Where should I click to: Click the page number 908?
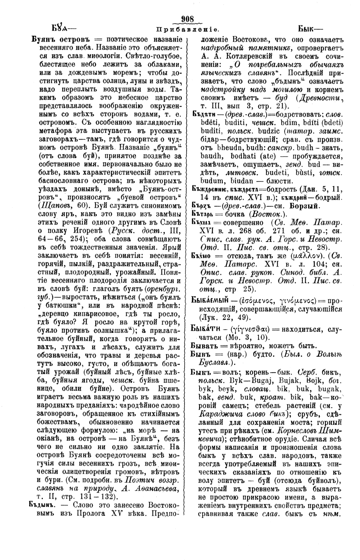pos(187,19)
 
